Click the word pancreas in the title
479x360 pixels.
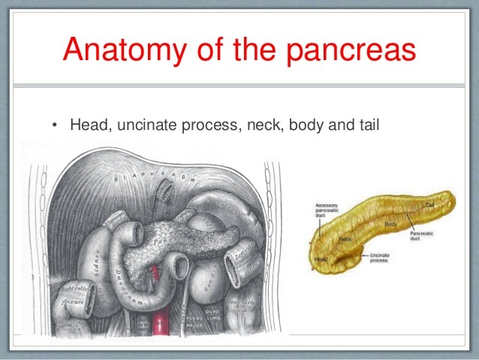point(352,50)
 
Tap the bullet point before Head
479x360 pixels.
point(54,123)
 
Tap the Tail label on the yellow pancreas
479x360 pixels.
point(429,204)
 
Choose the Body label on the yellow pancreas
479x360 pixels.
point(390,225)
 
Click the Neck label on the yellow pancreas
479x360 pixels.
point(345,240)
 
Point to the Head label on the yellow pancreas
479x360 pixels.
point(321,259)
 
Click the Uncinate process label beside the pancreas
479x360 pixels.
point(379,259)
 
